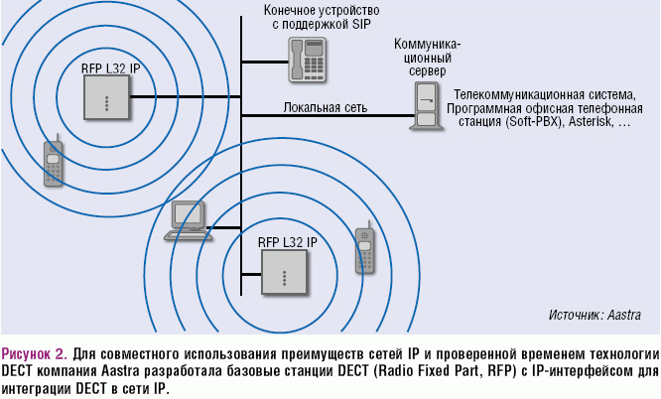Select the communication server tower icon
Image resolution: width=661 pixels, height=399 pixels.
coord(428,106)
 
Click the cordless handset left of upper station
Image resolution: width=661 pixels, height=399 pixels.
coord(53,163)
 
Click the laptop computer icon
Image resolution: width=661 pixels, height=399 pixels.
coord(185,219)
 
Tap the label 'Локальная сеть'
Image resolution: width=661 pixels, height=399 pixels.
coord(326,106)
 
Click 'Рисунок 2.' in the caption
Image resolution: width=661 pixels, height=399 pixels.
coord(35,353)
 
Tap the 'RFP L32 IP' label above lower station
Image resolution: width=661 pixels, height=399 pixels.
coord(287,241)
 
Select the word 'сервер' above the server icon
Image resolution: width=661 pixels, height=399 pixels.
coord(427,72)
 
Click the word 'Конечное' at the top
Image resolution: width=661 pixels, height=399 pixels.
coord(294,9)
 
